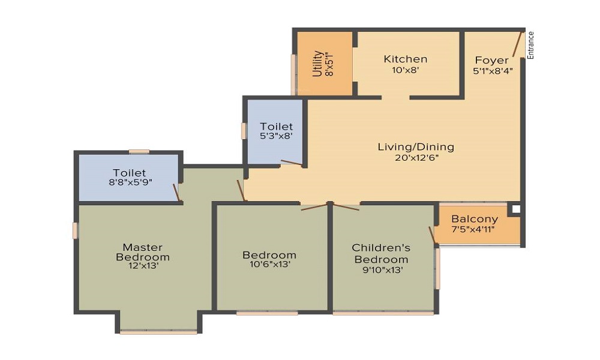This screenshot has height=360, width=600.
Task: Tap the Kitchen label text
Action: click(406, 59)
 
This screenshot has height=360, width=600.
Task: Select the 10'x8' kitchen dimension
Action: click(406, 70)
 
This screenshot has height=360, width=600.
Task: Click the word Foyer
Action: click(491, 60)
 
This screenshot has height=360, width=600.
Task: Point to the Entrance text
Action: click(530, 45)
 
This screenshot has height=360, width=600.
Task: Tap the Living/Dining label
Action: click(416, 147)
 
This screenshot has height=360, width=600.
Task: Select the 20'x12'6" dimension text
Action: click(416, 157)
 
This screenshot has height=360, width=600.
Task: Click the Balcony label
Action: click(475, 219)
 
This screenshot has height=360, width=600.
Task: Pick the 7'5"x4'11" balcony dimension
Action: click(473, 229)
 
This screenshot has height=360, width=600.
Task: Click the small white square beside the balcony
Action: click(514, 209)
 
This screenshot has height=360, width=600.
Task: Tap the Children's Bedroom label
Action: click(381, 253)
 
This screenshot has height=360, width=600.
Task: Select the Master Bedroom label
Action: click(143, 252)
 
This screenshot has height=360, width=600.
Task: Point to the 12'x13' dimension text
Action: click(143, 266)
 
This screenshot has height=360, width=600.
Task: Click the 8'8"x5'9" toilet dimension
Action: click(129, 183)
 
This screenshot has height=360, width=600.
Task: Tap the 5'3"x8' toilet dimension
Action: click(277, 137)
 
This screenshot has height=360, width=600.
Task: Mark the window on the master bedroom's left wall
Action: click(75, 230)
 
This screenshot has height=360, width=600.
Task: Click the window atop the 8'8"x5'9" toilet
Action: click(139, 152)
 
